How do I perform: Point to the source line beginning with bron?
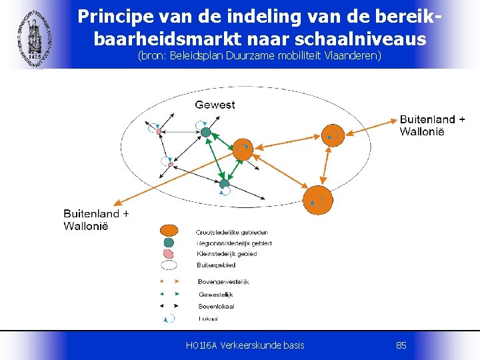coord(259,55)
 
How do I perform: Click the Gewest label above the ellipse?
coord(215,105)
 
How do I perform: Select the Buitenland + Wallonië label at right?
coord(433,125)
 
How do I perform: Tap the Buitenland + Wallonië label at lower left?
coord(96,219)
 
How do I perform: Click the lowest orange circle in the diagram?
coord(317,199)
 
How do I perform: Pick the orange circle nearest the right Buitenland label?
coord(333,135)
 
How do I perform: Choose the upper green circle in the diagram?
coord(206,132)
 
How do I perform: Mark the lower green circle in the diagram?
coord(224,183)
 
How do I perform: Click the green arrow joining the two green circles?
coord(215,158)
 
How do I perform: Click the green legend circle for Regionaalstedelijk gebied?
coord(169,243)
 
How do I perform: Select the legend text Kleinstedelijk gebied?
coord(226,254)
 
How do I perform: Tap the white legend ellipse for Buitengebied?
coord(169,265)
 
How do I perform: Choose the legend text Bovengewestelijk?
coord(223,282)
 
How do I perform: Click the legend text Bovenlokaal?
coord(216,306)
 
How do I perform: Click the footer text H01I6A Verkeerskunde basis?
coord(245,345)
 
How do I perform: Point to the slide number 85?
coord(401,345)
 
